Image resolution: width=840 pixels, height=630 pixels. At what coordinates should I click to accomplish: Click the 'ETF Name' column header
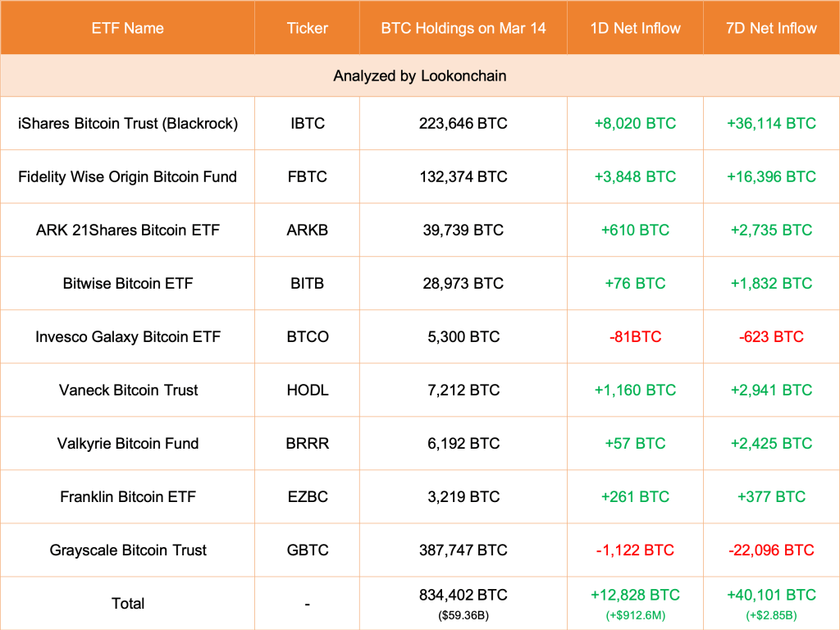tap(127, 28)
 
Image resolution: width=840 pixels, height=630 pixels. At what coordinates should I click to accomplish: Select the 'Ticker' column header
tap(307, 28)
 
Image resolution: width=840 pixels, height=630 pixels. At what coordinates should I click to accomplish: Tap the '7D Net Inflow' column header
tap(771, 28)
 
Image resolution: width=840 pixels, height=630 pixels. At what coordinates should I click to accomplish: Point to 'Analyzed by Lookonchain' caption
tap(419, 75)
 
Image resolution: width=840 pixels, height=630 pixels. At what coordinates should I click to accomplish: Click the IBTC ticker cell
tap(307, 123)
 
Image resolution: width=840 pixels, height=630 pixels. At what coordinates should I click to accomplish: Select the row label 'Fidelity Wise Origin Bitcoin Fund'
tap(127, 176)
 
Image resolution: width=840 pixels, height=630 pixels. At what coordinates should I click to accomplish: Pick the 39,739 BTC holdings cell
tap(463, 230)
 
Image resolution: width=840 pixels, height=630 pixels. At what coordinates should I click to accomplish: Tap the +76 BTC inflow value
tap(635, 283)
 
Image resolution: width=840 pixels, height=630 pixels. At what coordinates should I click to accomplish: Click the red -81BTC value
tap(635, 336)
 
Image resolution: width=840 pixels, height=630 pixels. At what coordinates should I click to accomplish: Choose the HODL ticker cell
tap(307, 390)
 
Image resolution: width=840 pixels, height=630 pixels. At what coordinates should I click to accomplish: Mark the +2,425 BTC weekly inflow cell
tap(771, 443)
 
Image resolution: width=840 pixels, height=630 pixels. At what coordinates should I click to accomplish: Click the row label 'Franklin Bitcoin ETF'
tap(127, 496)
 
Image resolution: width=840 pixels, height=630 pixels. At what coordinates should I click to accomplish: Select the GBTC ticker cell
tap(307, 550)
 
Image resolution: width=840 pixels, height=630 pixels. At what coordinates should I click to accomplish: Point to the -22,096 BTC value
tap(771, 550)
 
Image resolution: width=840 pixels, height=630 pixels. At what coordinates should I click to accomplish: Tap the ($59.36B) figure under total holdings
tap(463, 614)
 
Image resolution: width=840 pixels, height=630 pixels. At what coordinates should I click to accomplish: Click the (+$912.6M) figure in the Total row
tap(635, 614)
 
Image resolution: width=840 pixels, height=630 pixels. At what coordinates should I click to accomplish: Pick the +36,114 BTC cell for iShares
tap(771, 123)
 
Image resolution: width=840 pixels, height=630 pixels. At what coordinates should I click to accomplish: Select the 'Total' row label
tap(127, 603)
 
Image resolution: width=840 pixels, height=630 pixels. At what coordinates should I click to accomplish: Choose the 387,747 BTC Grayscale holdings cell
tap(463, 550)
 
